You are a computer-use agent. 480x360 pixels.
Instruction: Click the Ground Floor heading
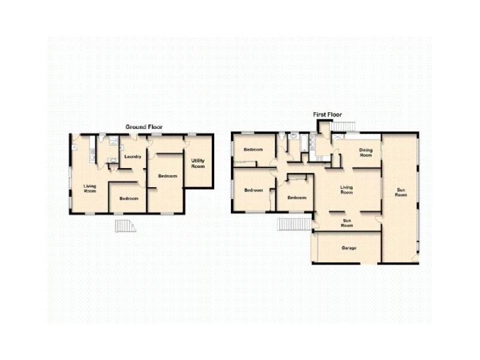[144, 127]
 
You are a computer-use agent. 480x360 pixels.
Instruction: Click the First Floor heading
[327, 115]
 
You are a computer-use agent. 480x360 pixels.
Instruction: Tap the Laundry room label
[133, 157]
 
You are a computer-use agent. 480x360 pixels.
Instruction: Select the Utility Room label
[198, 163]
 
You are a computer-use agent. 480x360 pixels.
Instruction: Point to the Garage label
[349, 248]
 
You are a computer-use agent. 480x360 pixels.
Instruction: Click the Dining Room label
[365, 152]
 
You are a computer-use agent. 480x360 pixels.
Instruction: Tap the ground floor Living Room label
[89, 188]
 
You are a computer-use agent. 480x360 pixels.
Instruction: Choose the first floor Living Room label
[347, 190]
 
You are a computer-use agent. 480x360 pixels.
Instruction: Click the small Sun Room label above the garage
[347, 223]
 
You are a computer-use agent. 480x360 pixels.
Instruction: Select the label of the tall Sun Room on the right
[401, 192]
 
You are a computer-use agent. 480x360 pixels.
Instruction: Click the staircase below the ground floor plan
[125, 226]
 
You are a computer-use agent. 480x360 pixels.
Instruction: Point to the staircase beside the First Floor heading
[343, 127]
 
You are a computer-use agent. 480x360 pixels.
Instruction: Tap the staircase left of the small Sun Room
[295, 224]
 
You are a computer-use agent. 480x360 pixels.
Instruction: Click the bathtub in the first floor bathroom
[304, 143]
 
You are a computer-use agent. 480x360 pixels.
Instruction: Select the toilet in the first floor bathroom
[281, 136]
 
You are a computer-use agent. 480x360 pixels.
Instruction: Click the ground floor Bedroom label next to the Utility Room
[167, 176]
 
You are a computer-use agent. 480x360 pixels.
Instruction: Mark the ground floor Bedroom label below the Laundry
[129, 199]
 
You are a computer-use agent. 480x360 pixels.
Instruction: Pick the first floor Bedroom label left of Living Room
[296, 198]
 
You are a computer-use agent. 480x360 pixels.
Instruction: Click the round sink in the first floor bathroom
[294, 136]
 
